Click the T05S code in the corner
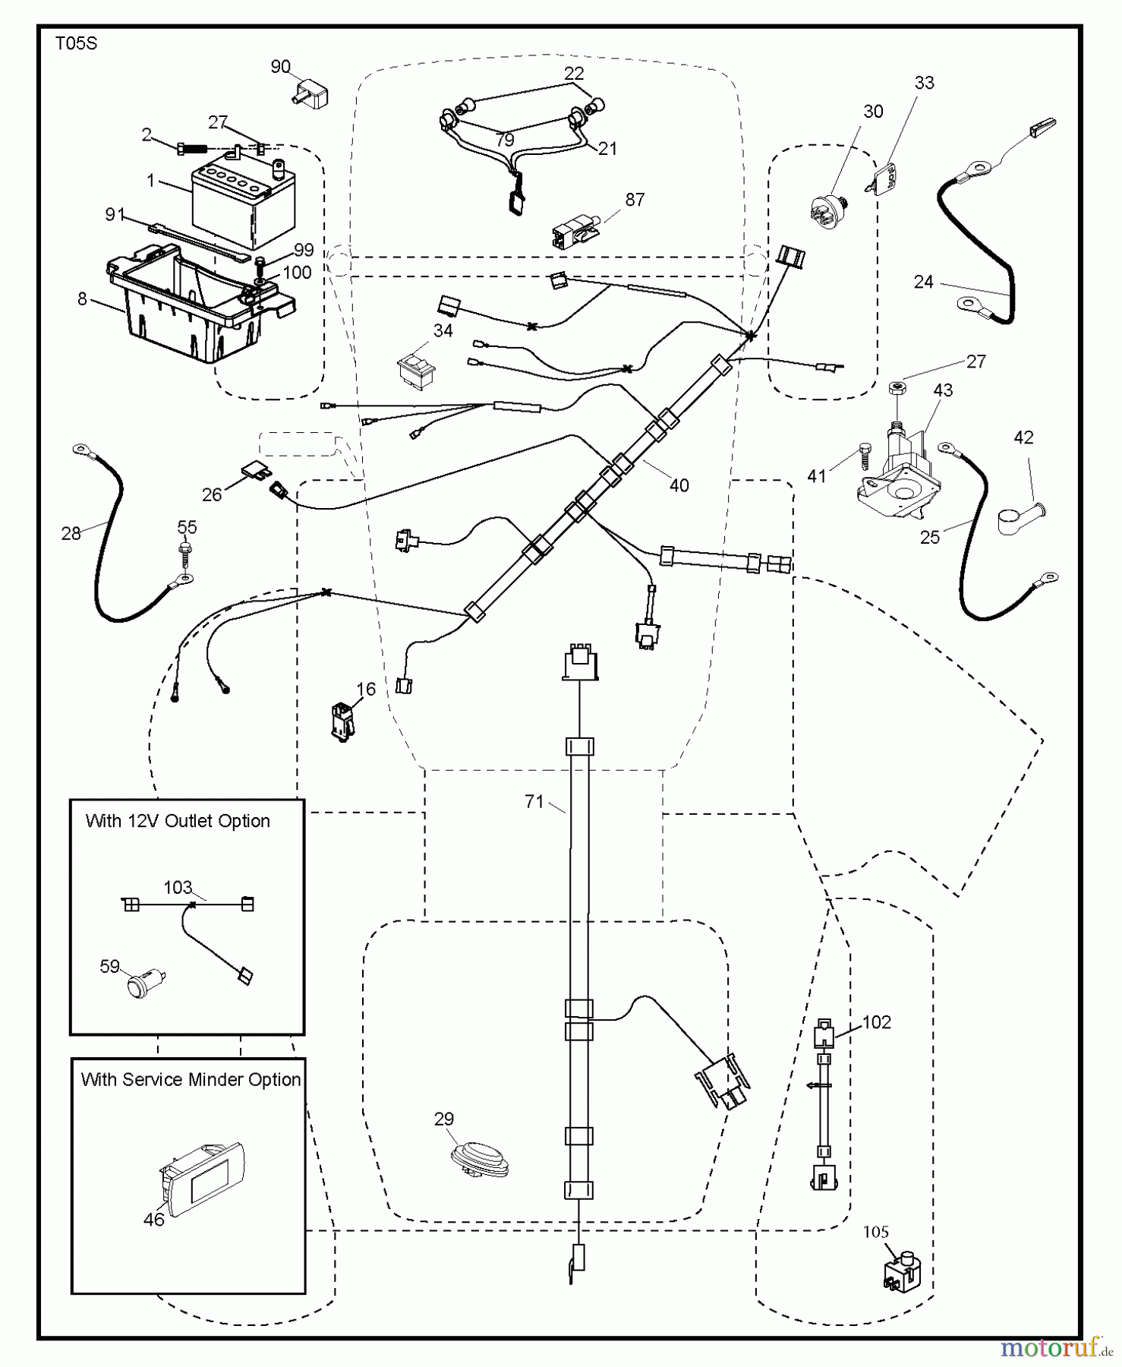pyautogui.click(x=76, y=44)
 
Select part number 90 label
pyautogui.click(x=280, y=67)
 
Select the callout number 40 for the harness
pyautogui.click(x=679, y=485)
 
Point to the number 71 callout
pyautogui.click(x=534, y=801)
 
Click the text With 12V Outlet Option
pyautogui.click(x=178, y=821)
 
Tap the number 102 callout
pyautogui.click(x=876, y=1022)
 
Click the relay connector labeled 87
pyautogui.click(x=575, y=230)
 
